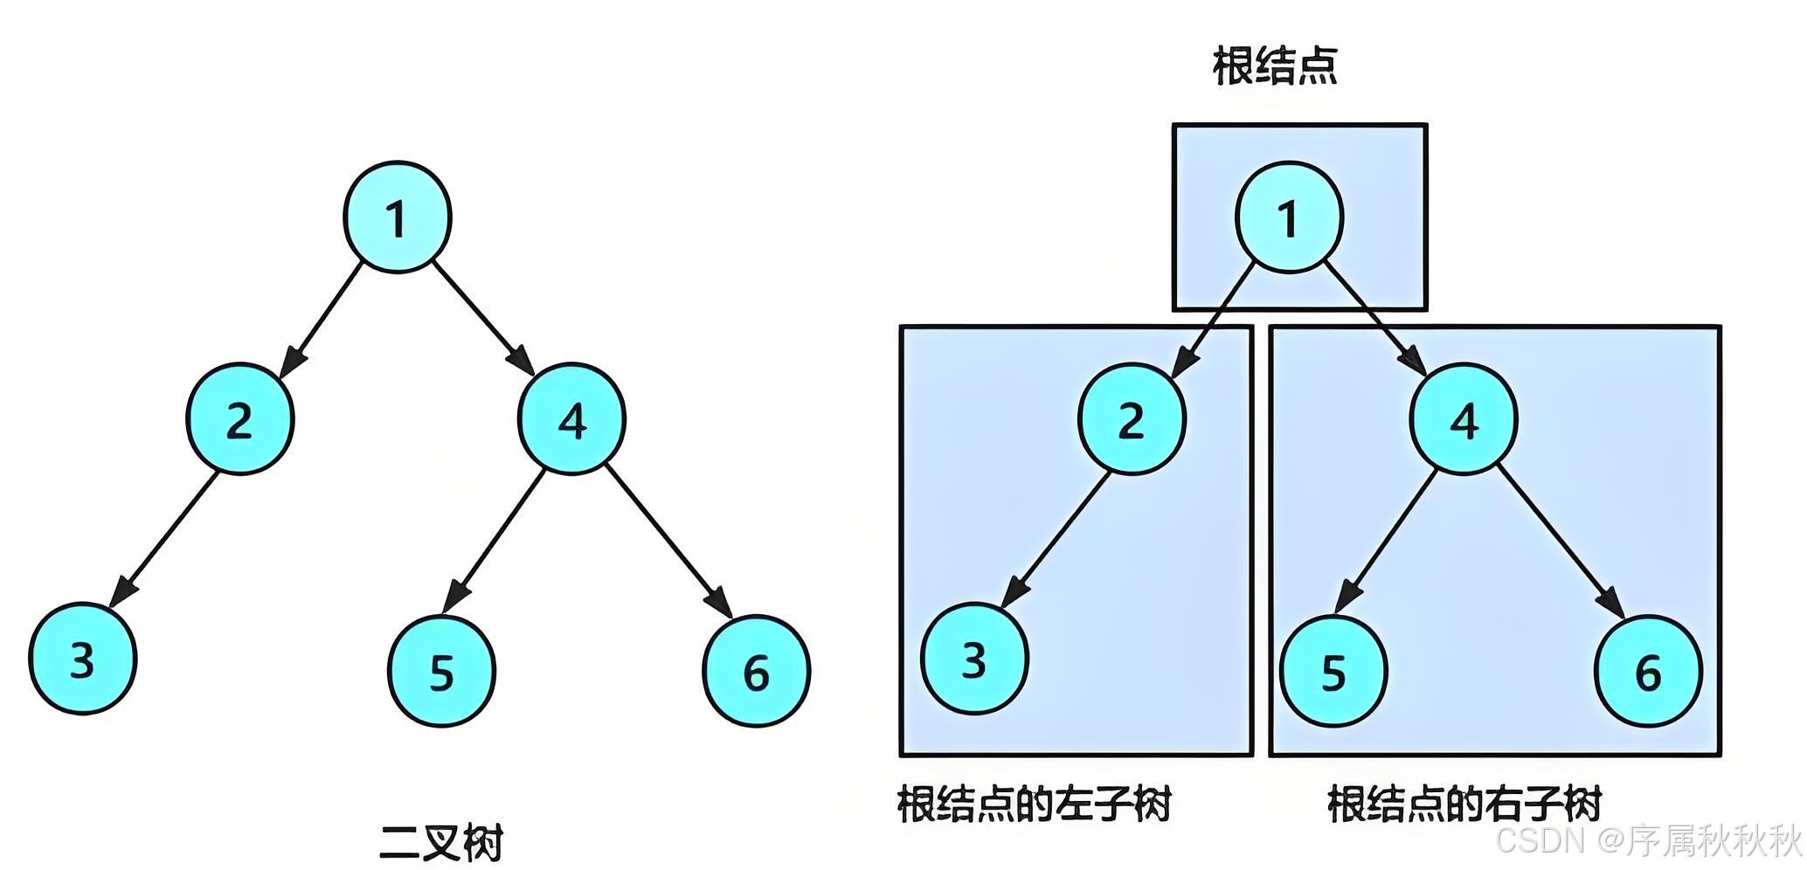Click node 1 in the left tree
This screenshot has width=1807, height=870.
coord(398,217)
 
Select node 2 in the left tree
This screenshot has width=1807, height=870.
coord(240,419)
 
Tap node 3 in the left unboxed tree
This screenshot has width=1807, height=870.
coord(83,659)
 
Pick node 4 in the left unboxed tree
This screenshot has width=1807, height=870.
coord(572,419)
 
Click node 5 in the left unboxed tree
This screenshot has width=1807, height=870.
coord(441,671)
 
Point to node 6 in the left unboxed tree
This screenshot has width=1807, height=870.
coord(756,671)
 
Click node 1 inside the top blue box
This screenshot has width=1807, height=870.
coord(1289,217)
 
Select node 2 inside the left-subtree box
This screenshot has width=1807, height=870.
coord(1132,419)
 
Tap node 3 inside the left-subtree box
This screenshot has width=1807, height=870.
coord(974,659)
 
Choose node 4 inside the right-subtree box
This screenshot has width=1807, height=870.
coord(1464,419)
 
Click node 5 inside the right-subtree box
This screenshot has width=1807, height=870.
coord(1333,671)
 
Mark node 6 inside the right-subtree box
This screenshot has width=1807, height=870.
coord(1647,671)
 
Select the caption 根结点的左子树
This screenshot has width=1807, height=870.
coord(1034,804)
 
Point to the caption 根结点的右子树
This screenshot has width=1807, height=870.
coord(1464,804)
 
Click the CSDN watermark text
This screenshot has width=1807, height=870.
coord(1647,840)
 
